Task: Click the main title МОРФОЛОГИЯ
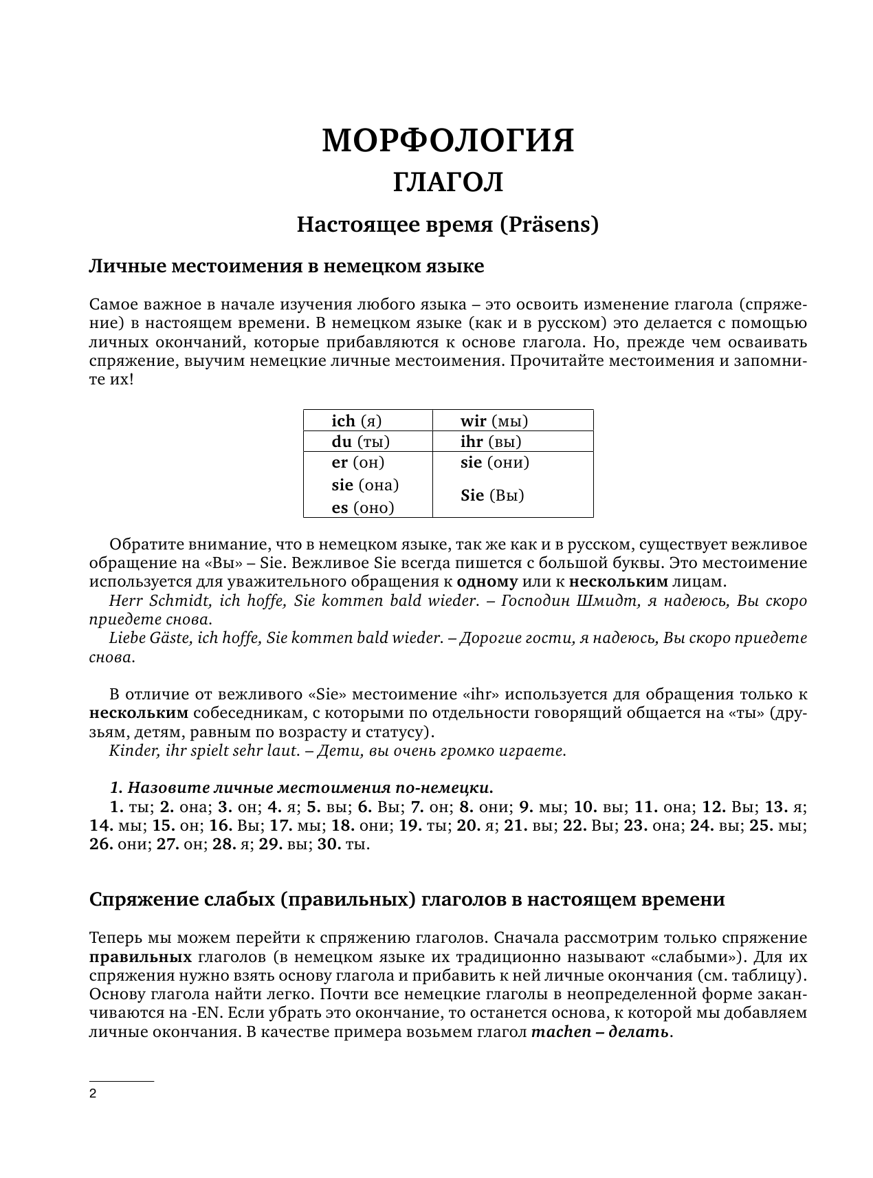click(x=447, y=141)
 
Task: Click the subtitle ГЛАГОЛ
click(x=447, y=183)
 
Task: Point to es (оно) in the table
click(x=363, y=508)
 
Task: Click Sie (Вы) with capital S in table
click(x=492, y=495)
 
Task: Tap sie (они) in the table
click(x=495, y=462)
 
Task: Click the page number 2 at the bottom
click(x=93, y=1094)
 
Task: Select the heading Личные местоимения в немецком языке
click(x=287, y=266)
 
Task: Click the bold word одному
click(x=487, y=582)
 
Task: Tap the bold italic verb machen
click(x=562, y=1032)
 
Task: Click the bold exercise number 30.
click(x=329, y=844)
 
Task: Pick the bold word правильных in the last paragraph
click(x=140, y=957)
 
